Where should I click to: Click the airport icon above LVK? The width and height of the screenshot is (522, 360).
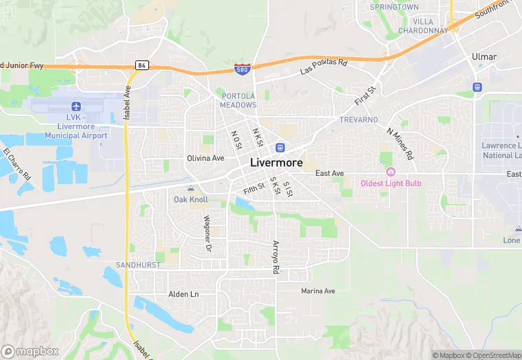(76, 106)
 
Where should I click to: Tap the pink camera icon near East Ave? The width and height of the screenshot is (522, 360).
(391, 172)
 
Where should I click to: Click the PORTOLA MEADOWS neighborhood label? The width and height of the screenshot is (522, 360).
(238, 100)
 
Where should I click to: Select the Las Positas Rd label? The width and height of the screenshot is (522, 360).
(324, 67)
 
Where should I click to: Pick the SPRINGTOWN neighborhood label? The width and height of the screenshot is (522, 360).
(394, 7)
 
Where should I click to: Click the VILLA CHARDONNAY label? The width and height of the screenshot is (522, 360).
(422, 26)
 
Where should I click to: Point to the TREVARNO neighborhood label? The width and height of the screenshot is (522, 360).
(359, 120)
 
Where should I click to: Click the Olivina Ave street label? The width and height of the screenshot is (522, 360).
(205, 158)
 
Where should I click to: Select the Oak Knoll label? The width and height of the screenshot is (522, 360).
(190, 199)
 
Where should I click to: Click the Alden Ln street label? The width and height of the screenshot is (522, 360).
(183, 294)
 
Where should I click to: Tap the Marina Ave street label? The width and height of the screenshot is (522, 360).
(318, 291)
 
